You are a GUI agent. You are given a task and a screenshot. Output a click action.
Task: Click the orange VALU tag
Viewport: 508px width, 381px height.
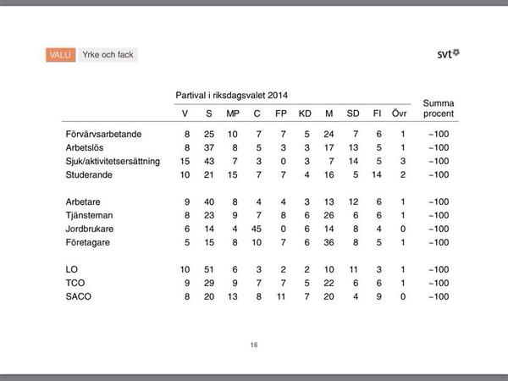coord(61,55)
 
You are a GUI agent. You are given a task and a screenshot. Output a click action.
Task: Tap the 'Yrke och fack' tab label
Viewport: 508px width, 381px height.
coord(108,55)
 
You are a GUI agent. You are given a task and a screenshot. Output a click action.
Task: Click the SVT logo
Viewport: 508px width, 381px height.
coord(449,54)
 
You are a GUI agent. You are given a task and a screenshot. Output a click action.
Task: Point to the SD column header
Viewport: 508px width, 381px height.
coord(355,114)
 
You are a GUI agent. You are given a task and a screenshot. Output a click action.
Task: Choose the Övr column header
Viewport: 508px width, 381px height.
coord(403,114)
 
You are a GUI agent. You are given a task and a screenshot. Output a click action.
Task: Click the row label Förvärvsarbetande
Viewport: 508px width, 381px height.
coord(103,135)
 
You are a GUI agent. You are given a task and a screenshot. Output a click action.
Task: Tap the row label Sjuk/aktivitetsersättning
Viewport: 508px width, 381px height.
coord(113,161)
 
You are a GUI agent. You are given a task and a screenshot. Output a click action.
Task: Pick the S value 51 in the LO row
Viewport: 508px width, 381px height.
coord(208,269)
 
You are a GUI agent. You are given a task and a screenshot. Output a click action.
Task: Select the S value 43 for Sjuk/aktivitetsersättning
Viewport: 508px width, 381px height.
coord(208,161)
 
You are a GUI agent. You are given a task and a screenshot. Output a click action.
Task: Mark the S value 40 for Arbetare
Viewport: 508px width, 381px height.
coord(208,202)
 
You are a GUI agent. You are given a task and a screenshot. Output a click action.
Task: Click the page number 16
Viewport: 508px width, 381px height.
coord(253,345)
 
